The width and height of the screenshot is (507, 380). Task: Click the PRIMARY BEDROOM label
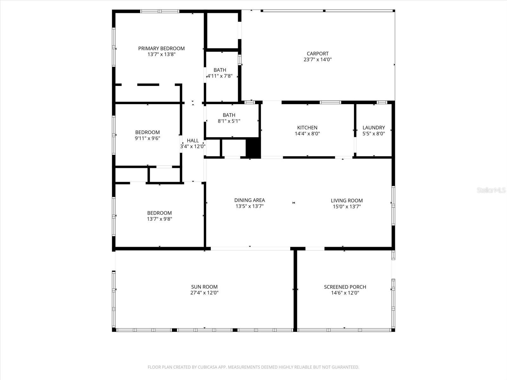(x=161, y=48)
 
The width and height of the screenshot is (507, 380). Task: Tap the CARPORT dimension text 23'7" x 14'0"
(x=318, y=60)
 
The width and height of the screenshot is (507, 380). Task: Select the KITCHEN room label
(x=307, y=128)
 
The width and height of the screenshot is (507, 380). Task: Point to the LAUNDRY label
(x=374, y=128)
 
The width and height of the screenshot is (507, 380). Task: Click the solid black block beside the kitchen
(x=253, y=148)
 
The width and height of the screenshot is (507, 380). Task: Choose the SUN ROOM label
(x=204, y=287)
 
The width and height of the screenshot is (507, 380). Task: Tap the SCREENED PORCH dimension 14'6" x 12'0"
(x=345, y=293)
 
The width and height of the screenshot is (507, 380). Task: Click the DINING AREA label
(x=249, y=200)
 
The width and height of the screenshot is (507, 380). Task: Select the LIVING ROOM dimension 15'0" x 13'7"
(x=346, y=206)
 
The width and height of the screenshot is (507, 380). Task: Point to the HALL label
(x=193, y=141)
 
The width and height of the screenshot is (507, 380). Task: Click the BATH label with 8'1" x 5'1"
(x=229, y=115)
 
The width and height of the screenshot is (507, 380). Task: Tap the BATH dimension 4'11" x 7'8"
(x=220, y=76)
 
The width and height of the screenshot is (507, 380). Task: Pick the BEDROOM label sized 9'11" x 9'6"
(x=147, y=132)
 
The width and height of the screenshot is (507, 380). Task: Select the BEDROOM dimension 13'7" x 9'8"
(x=159, y=219)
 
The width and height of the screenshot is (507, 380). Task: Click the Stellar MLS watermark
(x=491, y=190)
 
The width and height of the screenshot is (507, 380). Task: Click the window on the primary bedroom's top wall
(x=160, y=11)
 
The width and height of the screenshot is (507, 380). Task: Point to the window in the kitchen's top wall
(x=330, y=102)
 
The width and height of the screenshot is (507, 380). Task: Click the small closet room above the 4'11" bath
(x=222, y=31)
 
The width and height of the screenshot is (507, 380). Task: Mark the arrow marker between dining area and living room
(x=294, y=203)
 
